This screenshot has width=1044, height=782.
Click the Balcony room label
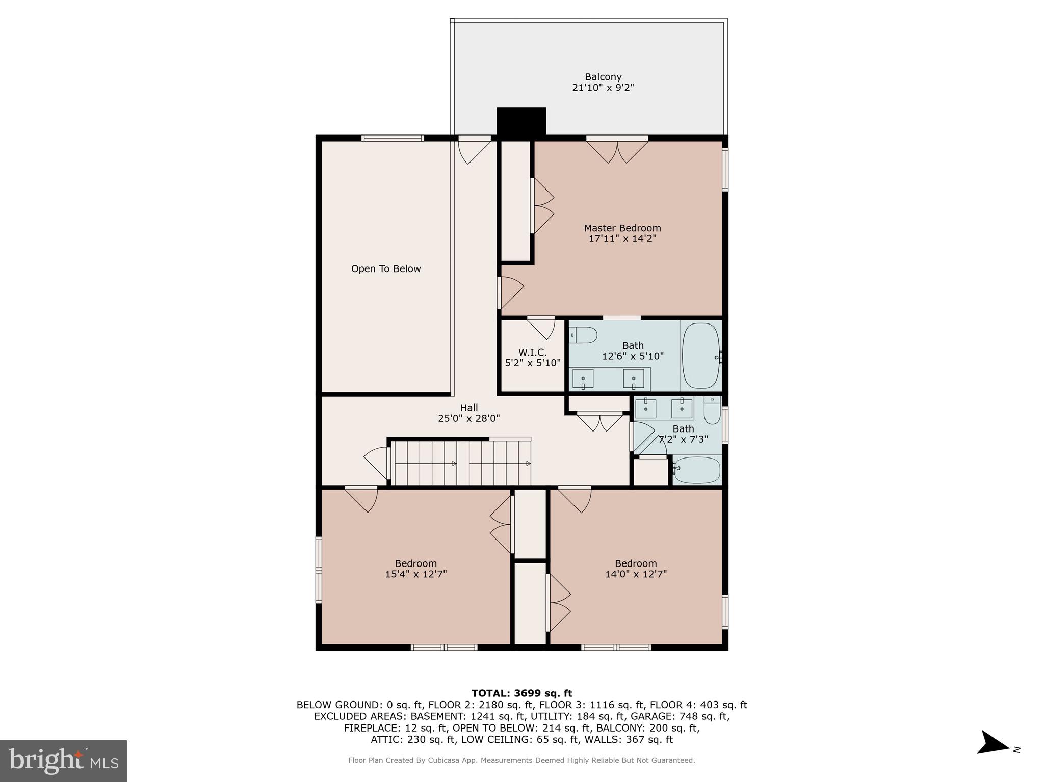click(x=603, y=77)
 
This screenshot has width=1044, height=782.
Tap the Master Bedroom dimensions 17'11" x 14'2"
click(x=622, y=238)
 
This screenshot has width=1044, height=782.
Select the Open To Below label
click(x=386, y=269)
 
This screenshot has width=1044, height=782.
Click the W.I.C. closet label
click(x=533, y=353)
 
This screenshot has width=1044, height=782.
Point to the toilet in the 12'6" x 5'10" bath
click(x=584, y=335)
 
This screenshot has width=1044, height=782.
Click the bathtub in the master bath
click(x=701, y=356)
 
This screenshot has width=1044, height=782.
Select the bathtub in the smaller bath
click(x=697, y=470)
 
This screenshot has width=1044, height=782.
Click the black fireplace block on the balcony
click(x=521, y=122)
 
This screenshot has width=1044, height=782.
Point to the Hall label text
click(x=469, y=408)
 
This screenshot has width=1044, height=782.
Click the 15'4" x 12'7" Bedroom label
click(x=416, y=563)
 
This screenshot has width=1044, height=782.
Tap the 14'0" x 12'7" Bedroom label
click(x=636, y=563)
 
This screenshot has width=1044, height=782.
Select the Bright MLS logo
click(x=63, y=761)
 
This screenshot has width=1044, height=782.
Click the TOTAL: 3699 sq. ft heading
click(x=521, y=693)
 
